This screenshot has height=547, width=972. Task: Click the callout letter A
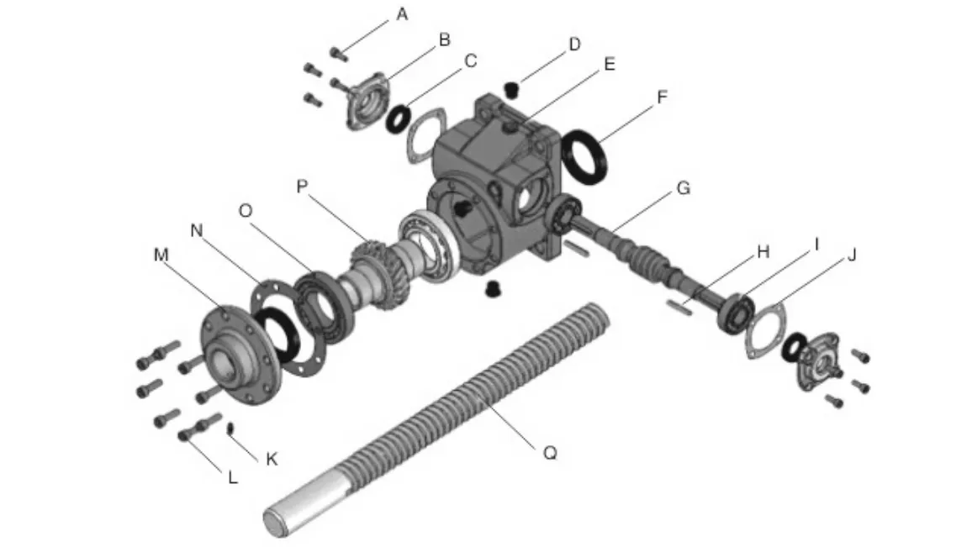[402, 14]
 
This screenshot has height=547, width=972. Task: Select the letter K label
[271, 459]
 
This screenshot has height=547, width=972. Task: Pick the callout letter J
[851, 255]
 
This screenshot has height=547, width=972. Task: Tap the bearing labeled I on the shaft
[735, 314]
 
